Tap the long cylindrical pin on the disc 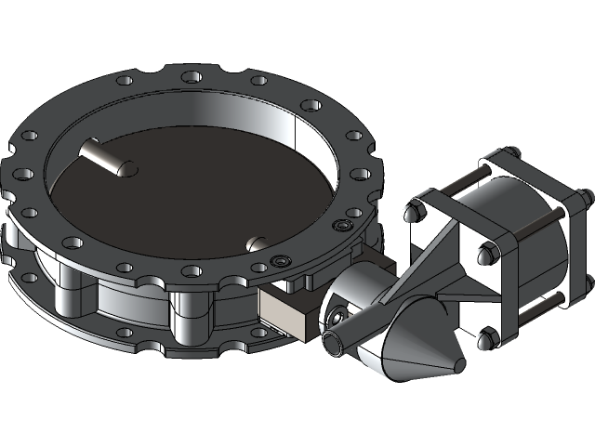[x=107, y=156]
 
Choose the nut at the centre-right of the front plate [x=485, y=254]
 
